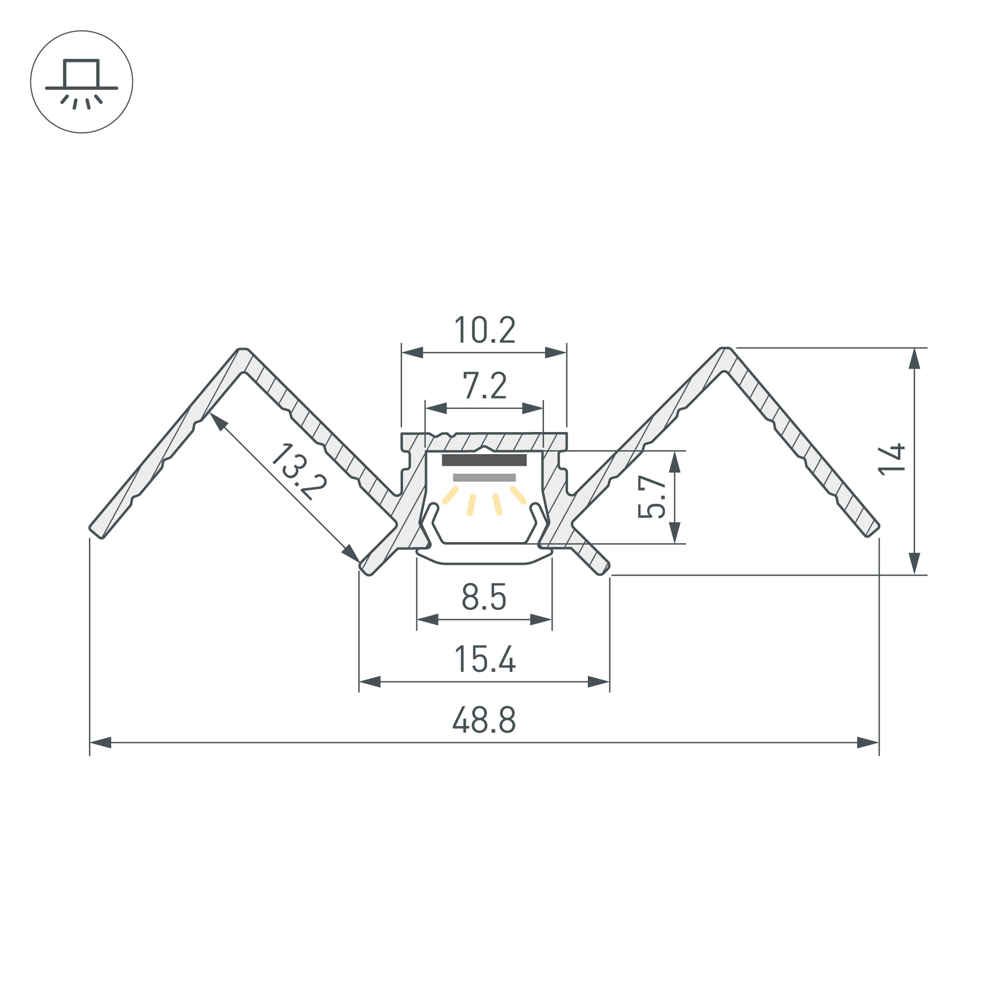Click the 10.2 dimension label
click(485, 330)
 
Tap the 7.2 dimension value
click(485, 386)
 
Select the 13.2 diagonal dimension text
click(298, 472)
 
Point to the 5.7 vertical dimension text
click(652, 496)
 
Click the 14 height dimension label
click(892, 460)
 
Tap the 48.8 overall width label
click(485, 721)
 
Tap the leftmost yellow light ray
click(450, 495)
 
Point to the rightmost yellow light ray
click(519, 495)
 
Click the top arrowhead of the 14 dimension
click(914, 359)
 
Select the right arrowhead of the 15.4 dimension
click(598, 682)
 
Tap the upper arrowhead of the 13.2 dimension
click(217, 421)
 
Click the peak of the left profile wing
click(243, 349)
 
